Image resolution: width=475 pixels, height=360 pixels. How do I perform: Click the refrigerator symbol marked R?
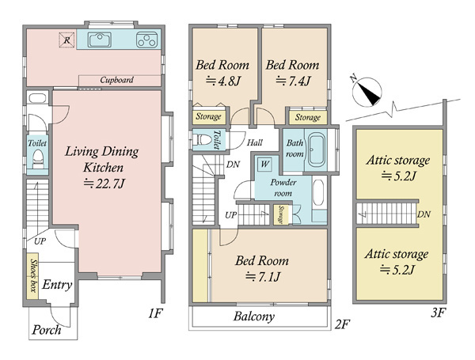point(66,40)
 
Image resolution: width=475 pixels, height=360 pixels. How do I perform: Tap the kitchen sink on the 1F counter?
point(100,40)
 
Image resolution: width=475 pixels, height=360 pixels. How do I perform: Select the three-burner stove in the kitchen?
point(147,40)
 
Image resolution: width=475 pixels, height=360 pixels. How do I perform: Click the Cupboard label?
point(116,80)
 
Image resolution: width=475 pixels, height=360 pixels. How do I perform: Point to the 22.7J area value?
point(104,184)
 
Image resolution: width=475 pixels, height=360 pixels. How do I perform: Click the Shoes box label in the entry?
point(33,276)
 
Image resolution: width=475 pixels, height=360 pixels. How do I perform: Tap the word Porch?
point(47,330)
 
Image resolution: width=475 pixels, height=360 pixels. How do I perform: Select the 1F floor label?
point(156,313)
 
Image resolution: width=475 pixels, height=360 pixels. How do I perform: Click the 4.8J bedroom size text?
point(223,81)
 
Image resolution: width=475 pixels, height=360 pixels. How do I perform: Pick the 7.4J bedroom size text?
point(293,81)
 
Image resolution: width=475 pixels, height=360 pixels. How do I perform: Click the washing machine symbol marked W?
point(264,164)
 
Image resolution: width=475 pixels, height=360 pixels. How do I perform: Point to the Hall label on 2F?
point(254,142)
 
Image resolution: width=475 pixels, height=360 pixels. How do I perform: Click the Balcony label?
point(254,316)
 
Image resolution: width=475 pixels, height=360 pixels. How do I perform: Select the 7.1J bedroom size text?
point(263,277)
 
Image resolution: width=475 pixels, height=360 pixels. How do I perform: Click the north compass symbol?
point(367,92)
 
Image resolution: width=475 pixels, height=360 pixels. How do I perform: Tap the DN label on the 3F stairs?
point(424,214)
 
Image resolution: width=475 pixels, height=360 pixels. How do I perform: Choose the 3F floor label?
point(438,313)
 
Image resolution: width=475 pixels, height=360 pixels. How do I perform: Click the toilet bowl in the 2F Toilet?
point(203,140)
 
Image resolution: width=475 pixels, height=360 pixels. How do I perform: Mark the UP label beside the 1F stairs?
point(40,241)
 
